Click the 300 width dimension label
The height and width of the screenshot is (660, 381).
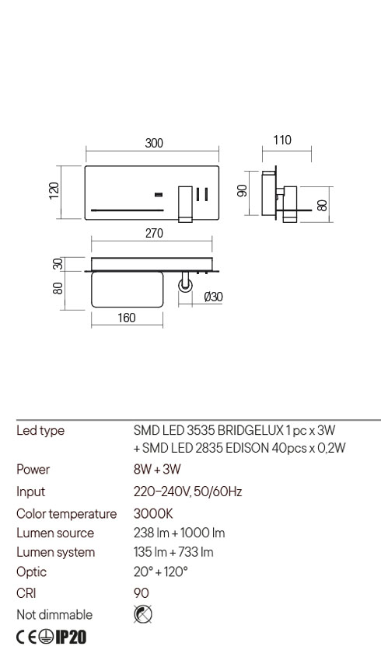click(154, 143)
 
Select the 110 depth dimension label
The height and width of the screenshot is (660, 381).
click(282, 141)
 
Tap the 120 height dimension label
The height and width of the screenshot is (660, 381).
click(54, 191)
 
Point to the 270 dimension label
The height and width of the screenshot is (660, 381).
click(154, 234)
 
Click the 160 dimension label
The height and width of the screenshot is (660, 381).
click(127, 318)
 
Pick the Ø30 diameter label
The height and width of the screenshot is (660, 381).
click(212, 297)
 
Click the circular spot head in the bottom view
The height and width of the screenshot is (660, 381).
click(186, 287)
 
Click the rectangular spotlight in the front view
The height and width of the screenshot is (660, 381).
click(185, 203)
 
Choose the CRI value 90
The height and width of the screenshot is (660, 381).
click(141, 593)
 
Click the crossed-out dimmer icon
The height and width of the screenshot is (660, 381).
click(143, 614)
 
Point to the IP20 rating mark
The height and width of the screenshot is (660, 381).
click(70, 637)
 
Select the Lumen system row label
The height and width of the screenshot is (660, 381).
click(55, 552)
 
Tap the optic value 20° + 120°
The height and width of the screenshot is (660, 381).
click(161, 572)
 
